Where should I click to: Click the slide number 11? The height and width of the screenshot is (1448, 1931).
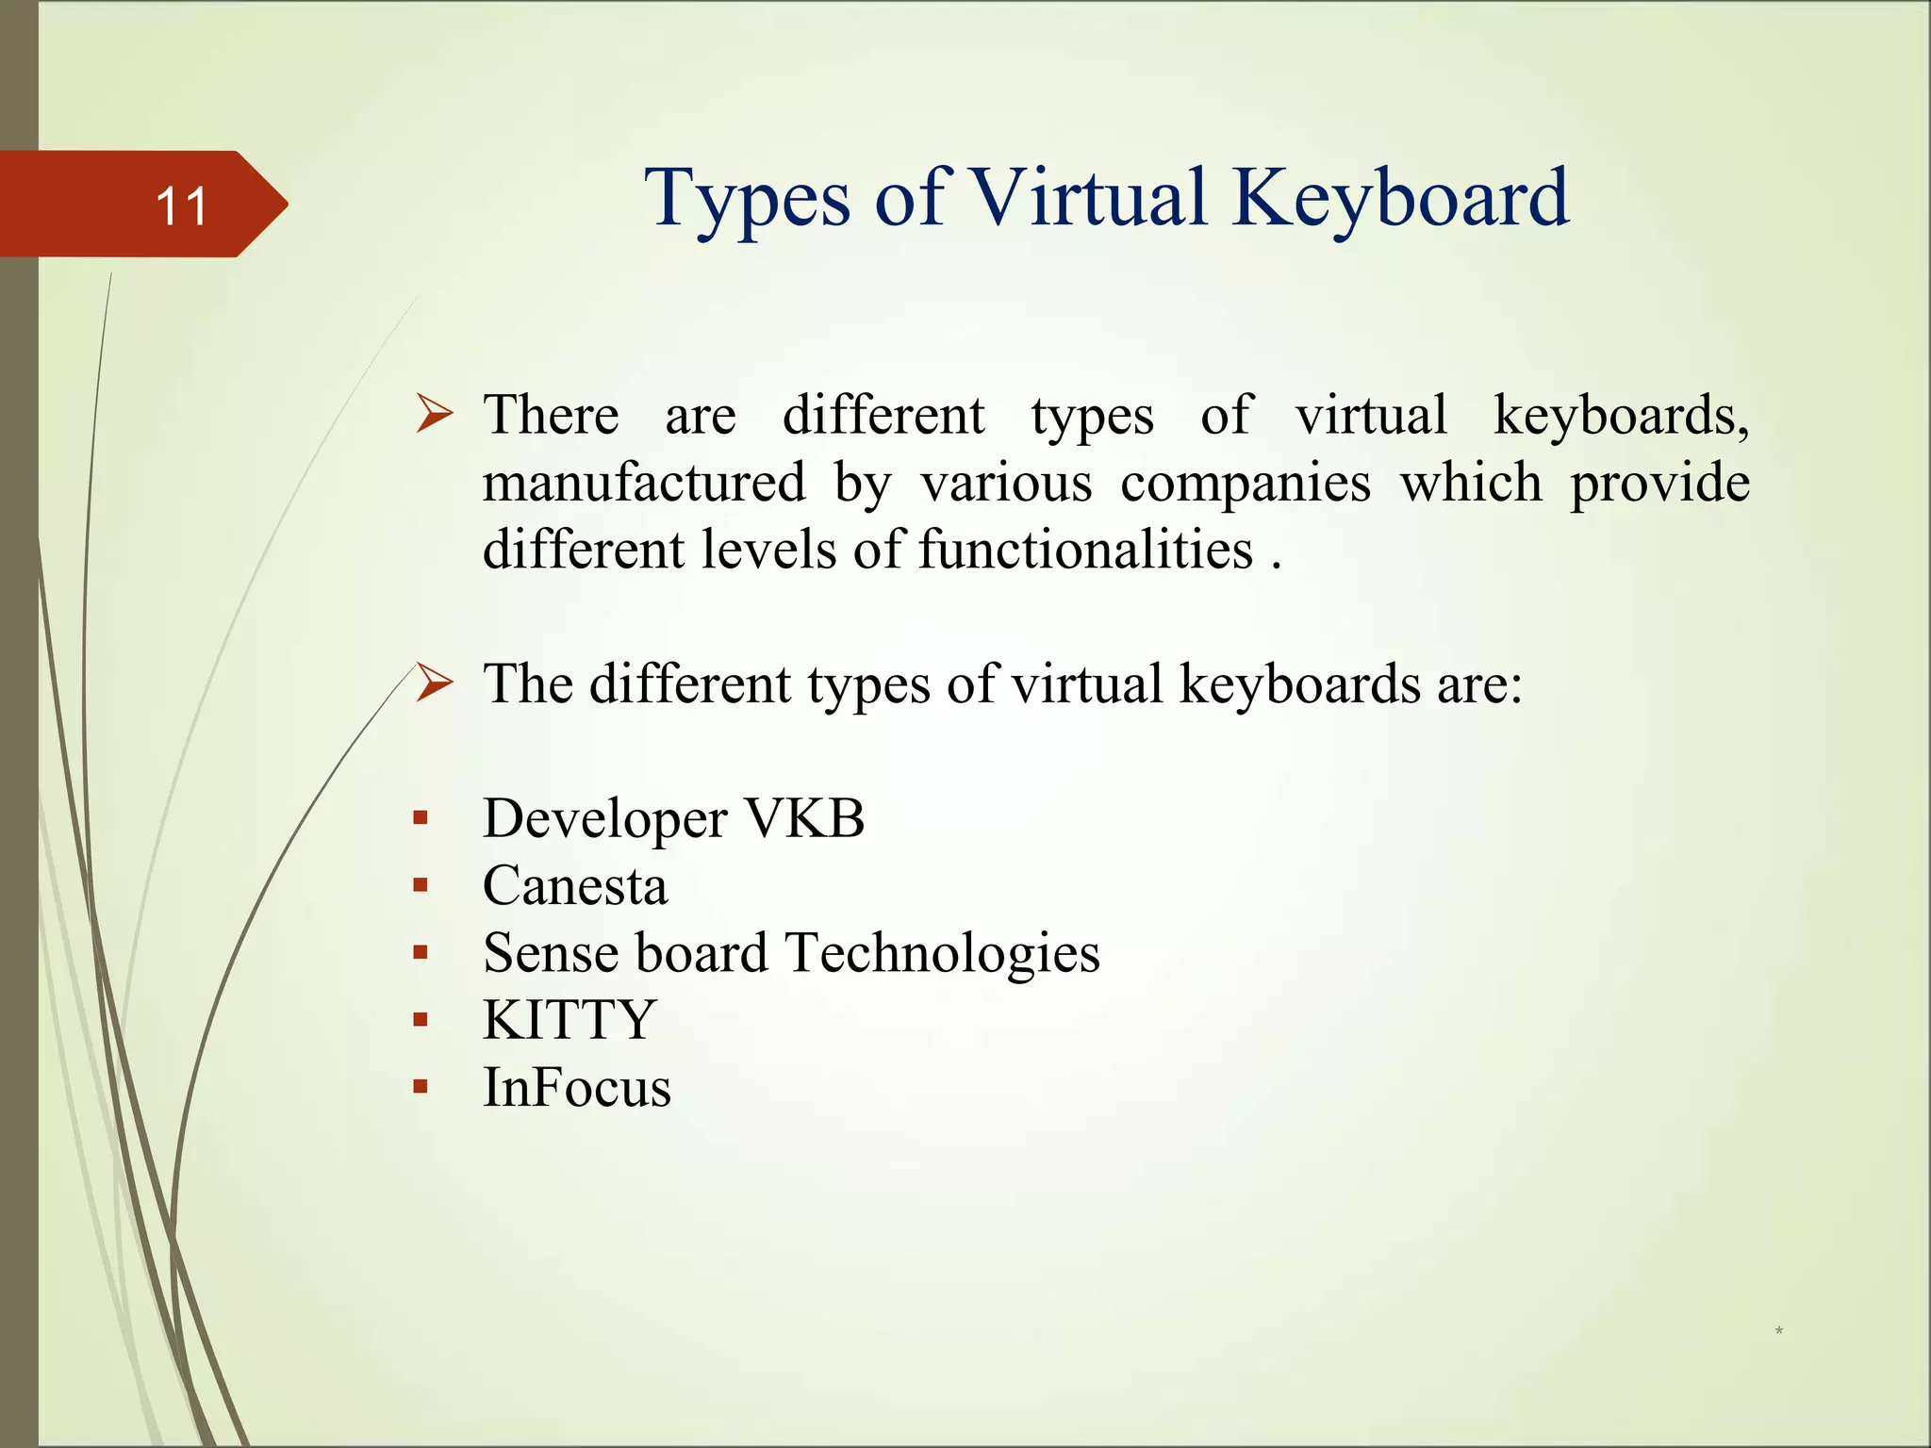(x=181, y=206)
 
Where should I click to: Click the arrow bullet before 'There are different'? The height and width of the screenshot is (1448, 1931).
(x=435, y=414)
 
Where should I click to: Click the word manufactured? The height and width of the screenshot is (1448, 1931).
(x=644, y=483)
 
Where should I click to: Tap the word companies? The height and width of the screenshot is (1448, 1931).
(x=1245, y=483)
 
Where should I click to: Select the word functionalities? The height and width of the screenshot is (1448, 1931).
(x=1085, y=550)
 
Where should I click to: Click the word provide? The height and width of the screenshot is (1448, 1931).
(x=1659, y=483)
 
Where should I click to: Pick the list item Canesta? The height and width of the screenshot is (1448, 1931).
(x=575, y=886)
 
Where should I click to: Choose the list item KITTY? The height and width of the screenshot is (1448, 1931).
(x=569, y=1020)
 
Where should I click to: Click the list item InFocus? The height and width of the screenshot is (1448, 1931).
(x=577, y=1087)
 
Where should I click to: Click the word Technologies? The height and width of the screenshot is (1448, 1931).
(x=942, y=953)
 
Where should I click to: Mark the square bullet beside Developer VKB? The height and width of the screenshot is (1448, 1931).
(x=421, y=817)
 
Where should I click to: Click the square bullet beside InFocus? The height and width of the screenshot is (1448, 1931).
(x=421, y=1087)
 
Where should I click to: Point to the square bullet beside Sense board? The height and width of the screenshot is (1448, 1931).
(x=421, y=952)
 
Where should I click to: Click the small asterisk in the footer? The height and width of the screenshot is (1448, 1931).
(x=1778, y=1331)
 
